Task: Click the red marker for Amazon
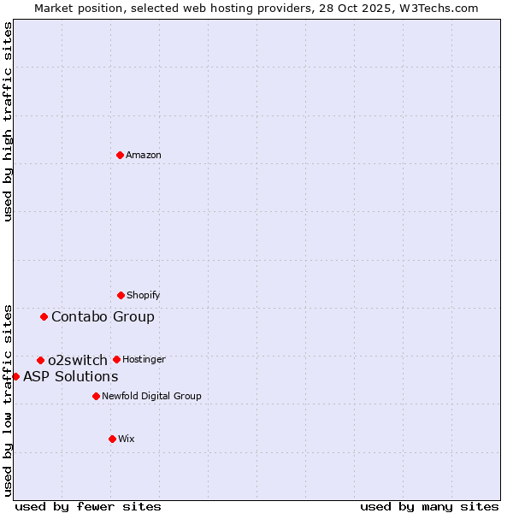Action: (121, 155)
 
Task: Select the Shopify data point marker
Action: (121, 295)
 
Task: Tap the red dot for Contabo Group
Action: (44, 316)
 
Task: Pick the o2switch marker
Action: (40, 360)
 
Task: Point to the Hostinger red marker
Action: (116, 359)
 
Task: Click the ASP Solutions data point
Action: (15, 376)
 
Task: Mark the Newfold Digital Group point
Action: (96, 396)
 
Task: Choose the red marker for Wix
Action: (112, 439)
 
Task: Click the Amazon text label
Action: (144, 155)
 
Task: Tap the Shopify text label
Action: (144, 295)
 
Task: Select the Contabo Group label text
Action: (103, 316)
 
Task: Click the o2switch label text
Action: (78, 360)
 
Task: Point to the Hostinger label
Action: (144, 359)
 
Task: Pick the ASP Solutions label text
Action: (70, 376)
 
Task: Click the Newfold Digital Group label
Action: (151, 396)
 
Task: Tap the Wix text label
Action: (127, 439)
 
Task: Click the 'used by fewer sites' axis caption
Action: (88, 506)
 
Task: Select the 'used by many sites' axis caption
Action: (429, 506)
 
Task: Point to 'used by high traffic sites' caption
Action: (8, 122)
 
